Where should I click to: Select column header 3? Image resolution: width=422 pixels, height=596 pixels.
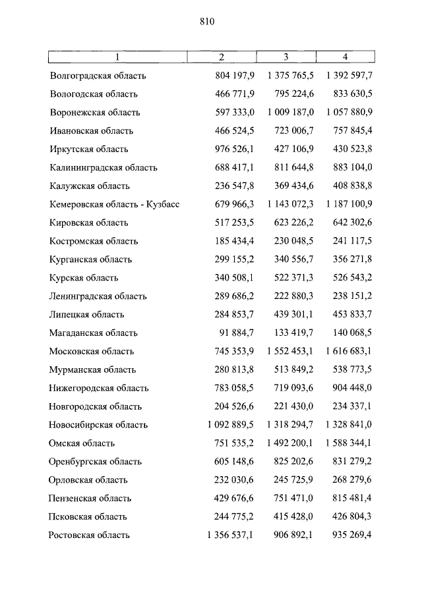[x=286, y=57]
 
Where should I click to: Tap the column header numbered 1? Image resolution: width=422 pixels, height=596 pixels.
[x=118, y=57]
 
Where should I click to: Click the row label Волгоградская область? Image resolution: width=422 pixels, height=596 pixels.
[x=98, y=76]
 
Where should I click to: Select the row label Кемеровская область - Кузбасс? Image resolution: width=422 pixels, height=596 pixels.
[x=114, y=204]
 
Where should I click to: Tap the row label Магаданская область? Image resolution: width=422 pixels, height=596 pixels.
[x=93, y=333]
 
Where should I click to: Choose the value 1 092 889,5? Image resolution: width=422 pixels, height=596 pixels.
[x=229, y=425]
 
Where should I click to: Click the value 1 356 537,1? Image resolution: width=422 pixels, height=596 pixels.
[x=229, y=535]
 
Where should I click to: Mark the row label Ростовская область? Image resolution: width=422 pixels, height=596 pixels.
[x=89, y=535]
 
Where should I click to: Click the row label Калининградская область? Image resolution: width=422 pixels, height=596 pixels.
[x=104, y=168]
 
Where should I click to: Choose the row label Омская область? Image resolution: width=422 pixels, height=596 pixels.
[x=82, y=444]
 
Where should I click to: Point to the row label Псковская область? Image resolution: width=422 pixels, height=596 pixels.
[x=88, y=517]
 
